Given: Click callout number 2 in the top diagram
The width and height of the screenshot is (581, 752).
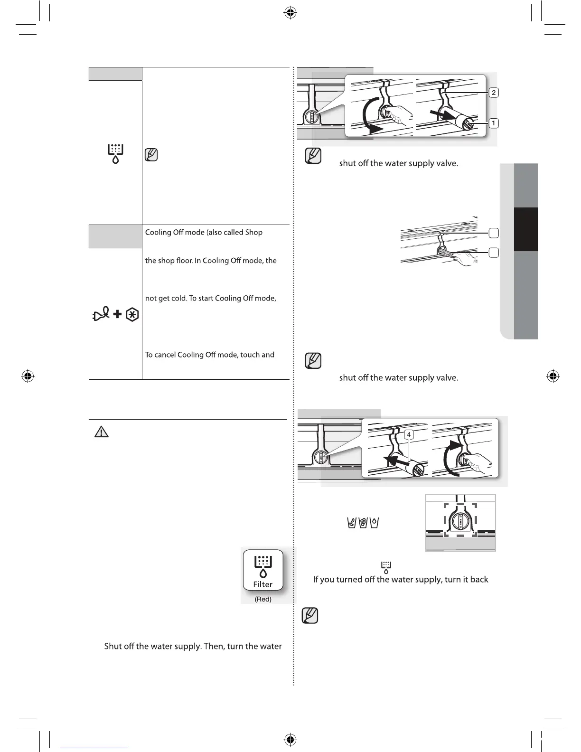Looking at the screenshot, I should [x=494, y=93].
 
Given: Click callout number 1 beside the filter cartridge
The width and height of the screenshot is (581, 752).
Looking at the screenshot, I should [x=494, y=123].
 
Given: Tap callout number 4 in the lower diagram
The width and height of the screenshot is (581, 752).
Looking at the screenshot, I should [x=409, y=434].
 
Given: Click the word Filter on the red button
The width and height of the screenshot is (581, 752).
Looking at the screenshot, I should [x=262, y=584].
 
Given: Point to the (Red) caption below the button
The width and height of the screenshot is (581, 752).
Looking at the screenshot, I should [x=263, y=599].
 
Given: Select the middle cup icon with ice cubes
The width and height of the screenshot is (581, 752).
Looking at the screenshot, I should [x=363, y=523].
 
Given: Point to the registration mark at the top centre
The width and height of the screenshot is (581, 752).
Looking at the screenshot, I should [x=290, y=13].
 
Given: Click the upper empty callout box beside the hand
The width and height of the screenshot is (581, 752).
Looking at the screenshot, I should [x=494, y=233].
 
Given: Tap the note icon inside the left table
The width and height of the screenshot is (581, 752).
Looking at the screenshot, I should [x=151, y=155].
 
